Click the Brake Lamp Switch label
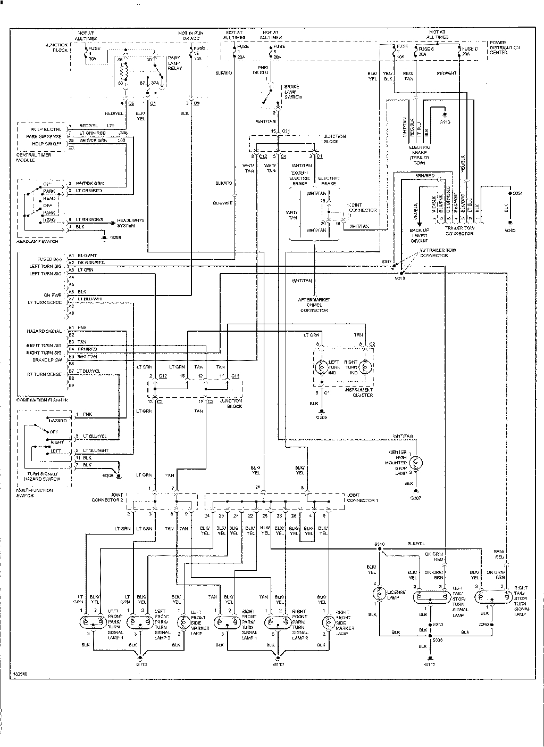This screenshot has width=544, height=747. pos(291,92)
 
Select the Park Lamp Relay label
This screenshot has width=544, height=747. pos(174,63)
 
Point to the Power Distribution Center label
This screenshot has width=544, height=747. pos(505,47)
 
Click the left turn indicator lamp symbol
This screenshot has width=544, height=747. pos(321,367)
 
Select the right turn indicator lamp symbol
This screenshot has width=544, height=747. pos(365,367)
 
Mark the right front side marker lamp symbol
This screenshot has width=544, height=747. pos(328,621)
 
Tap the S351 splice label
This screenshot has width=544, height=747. pos(516,193)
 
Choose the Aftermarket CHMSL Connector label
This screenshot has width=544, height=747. pos(314,305)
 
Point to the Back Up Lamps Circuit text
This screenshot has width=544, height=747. pos(419,235)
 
